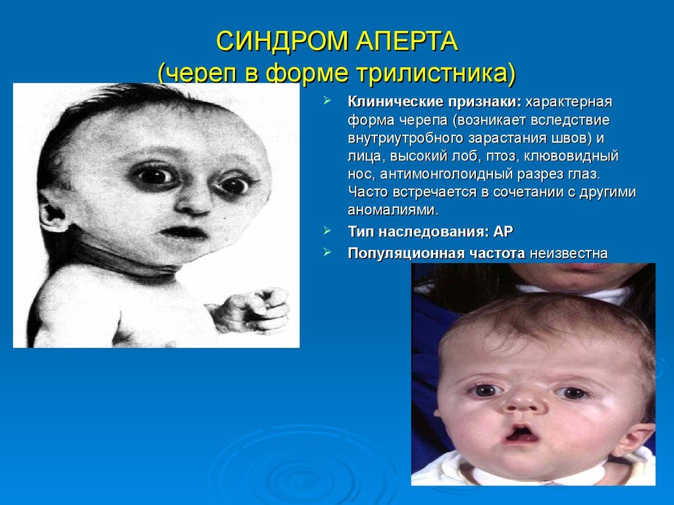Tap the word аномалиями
pos(392,210)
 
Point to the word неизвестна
pos(568,253)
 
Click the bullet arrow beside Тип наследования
pos(328,231)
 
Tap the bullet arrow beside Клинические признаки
pos(328,103)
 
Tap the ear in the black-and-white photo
pos(53,214)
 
